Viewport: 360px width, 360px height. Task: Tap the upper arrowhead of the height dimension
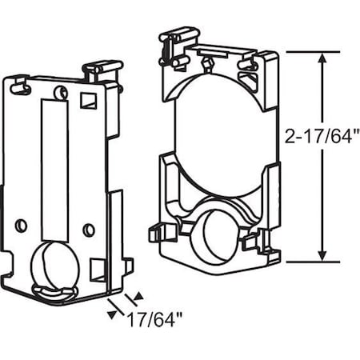323,58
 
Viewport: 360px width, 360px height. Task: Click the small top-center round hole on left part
58,95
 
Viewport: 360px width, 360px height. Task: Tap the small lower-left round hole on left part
22,221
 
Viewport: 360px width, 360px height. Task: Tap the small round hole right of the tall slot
89,230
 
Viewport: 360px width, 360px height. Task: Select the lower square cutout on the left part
98,268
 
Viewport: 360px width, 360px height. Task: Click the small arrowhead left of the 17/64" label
110,314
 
